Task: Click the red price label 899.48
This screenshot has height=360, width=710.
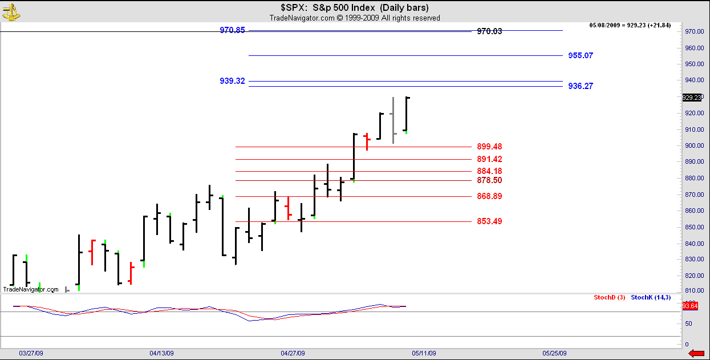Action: click(x=489, y=147)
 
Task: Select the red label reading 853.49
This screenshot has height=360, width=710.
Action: click(x=489, y=221)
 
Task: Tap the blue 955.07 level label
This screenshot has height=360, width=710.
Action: click(x=581, y=56)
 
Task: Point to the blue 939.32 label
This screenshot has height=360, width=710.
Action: click(x=232, y=81)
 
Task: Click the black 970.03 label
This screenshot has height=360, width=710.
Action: click(x=489, y=32)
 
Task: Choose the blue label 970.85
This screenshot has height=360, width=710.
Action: click(x=232, y=30)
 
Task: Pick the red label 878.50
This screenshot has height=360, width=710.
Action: click(x=489, y=180)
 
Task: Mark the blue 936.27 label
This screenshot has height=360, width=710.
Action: click(x=581, y=86)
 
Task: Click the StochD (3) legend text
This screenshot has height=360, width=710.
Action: click(x=610, y=298)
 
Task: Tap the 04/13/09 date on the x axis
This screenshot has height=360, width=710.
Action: click(x=161, y=353)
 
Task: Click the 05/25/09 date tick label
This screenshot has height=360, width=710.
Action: click(x=554, y=353)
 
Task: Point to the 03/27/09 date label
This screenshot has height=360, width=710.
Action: click(x=31, y=353)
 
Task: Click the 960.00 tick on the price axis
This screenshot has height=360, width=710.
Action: click(x=693, y=48)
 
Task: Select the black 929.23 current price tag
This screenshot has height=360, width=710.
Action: click(x=692, y=98)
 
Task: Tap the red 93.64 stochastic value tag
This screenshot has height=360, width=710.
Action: click(x=691, y=306)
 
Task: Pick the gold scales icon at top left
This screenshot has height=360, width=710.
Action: click(x=11, y=11)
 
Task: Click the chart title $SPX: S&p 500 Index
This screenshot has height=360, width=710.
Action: click(x=354, y=7)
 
